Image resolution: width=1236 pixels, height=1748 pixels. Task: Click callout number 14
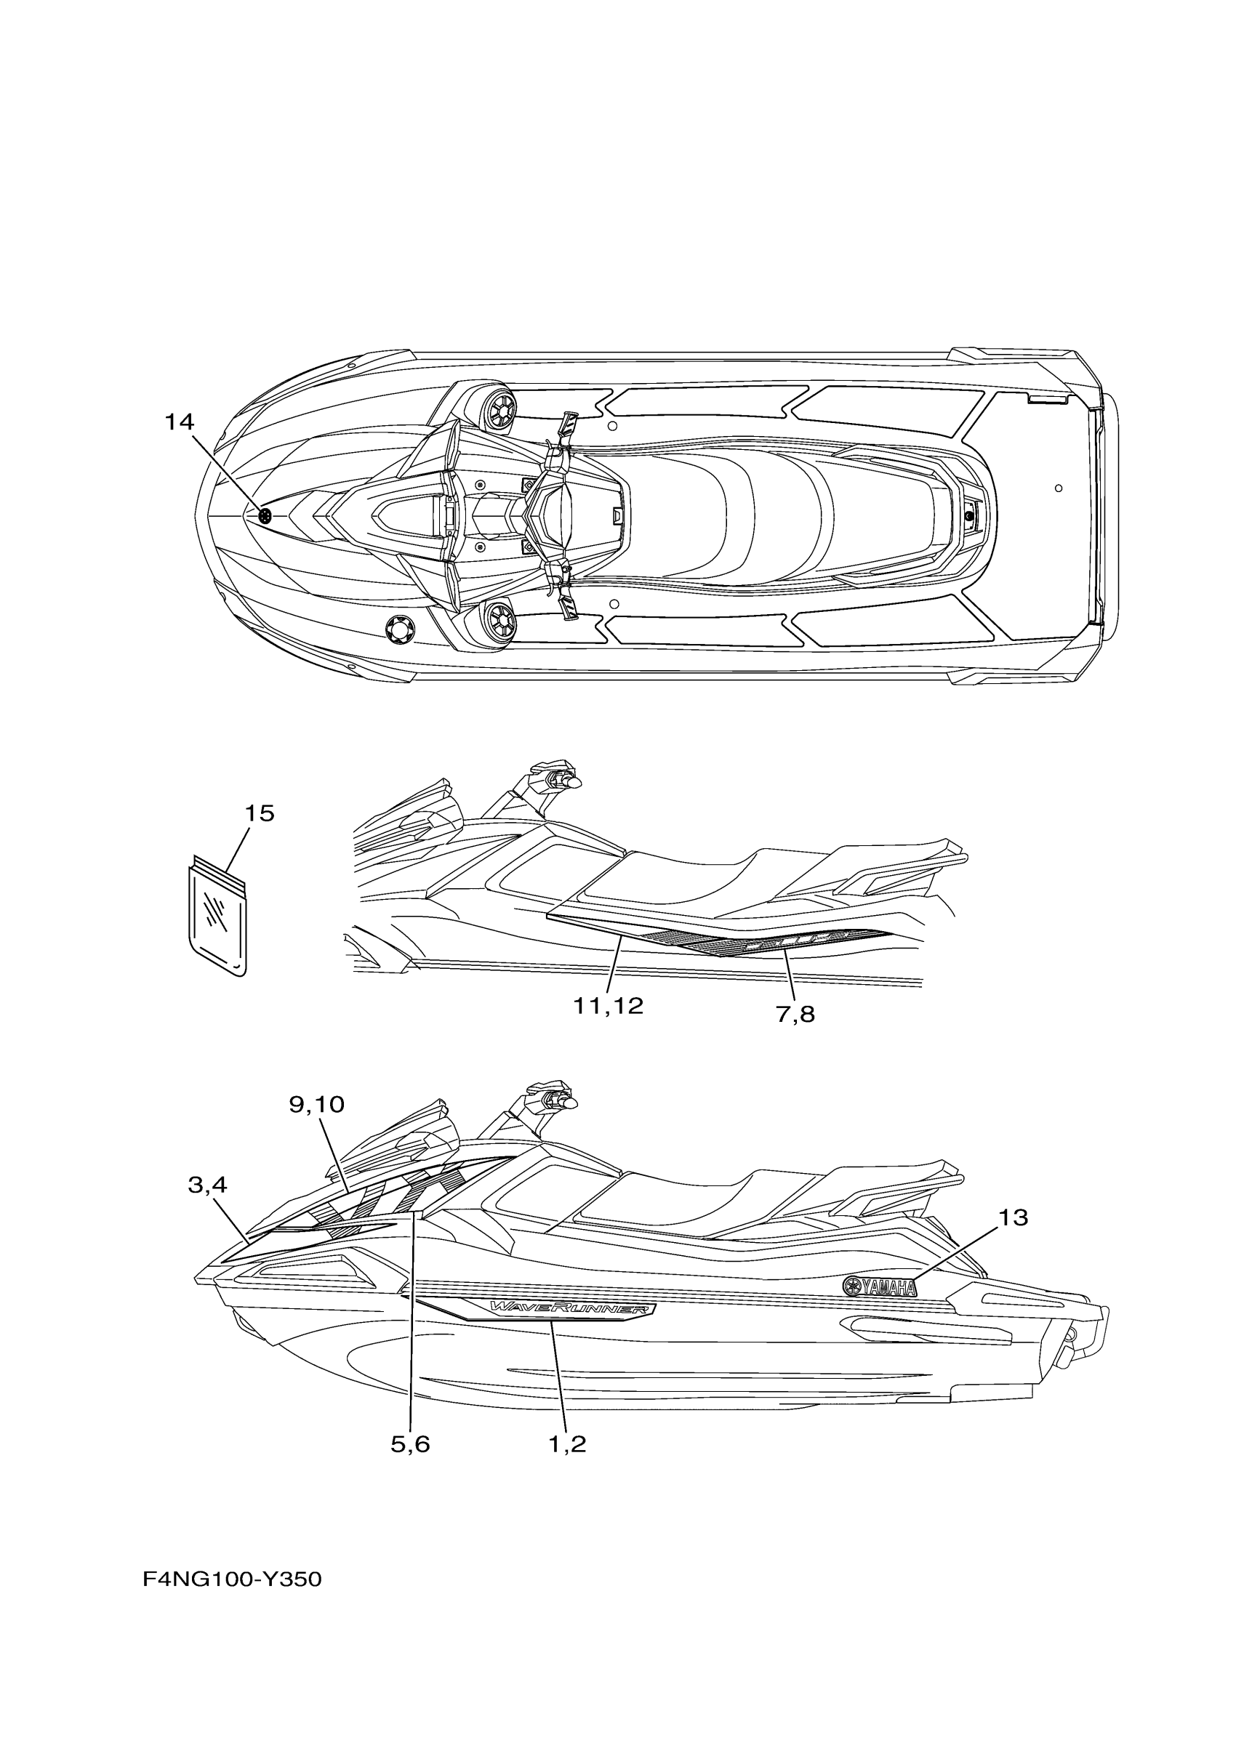coord(180,422)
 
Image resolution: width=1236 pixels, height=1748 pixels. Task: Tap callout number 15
coord(259,814)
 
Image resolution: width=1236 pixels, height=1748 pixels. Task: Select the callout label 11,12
coord(608,1006)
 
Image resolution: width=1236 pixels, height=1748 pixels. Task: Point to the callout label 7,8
coord(795,1014)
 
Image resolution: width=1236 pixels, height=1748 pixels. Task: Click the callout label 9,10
coord(316,1104)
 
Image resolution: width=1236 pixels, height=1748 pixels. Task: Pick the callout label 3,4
coord(207,1185)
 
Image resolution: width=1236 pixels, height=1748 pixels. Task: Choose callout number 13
coord(1012,1218)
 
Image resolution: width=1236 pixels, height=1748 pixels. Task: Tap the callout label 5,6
coord(410,1444)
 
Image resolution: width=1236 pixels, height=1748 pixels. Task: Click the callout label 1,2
coord(567,1444)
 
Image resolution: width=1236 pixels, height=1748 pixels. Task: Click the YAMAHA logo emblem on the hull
coord(880,1286)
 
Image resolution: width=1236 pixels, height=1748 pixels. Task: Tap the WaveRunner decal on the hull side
coord(571,1309)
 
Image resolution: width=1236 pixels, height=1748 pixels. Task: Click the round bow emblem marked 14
coord(265,515)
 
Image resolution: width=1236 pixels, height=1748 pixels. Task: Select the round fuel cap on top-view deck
coord(401,629)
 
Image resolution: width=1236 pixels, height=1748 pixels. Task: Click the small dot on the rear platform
coord(1059,488)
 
